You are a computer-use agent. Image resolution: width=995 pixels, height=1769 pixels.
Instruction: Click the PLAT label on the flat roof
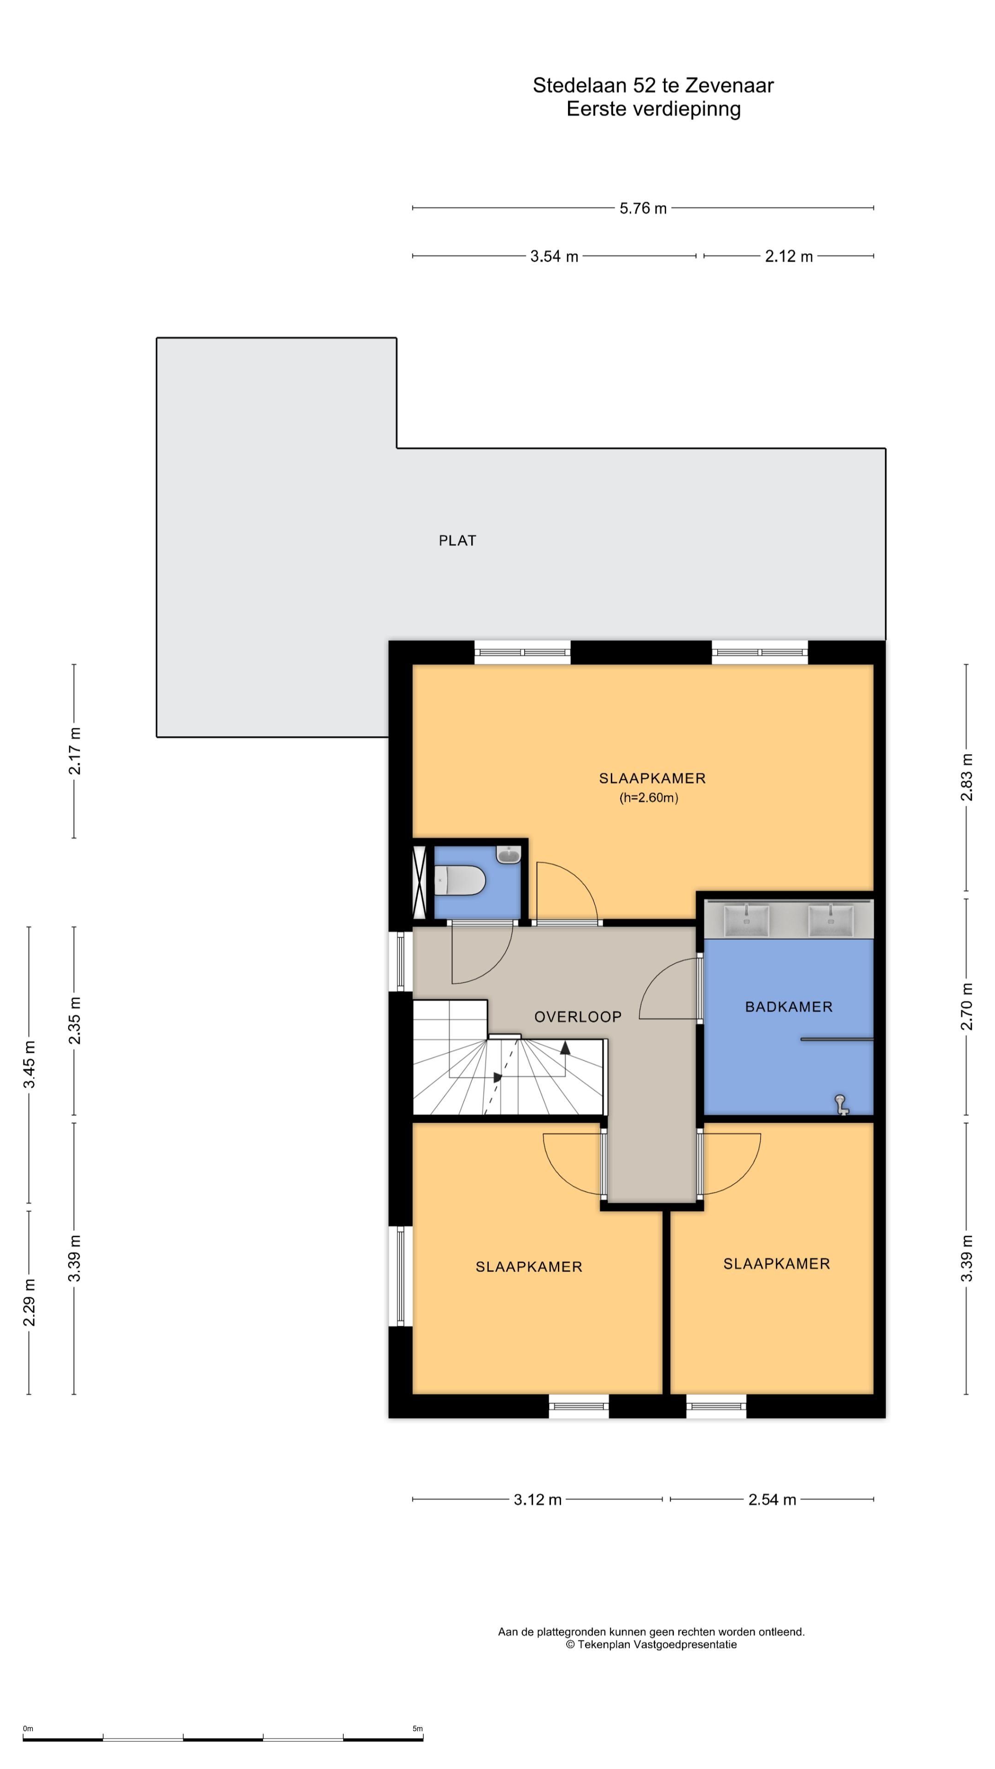pyautogui.click(x=457, y=540)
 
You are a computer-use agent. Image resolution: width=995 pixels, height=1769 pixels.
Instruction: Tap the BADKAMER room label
pyautogui.click(x=788, y=1007)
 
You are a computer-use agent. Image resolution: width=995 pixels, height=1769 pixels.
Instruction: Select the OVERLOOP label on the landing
pyautogui.click(x=578, y=1016)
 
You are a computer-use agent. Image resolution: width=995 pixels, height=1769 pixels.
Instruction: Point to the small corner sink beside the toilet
pyautogui.click(x=508, y=855)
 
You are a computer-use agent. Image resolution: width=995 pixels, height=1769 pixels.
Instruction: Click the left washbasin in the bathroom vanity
pyautogui.click(x=746, y=920)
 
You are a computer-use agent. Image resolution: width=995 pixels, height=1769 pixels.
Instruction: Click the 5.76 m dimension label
pyautogui.click(x=643, y=208)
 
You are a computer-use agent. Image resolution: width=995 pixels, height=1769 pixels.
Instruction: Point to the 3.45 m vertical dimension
pyautogui.click(x=29, y=1065)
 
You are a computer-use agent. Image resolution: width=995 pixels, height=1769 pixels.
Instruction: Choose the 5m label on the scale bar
pyautogui.click(x=417, y=1728)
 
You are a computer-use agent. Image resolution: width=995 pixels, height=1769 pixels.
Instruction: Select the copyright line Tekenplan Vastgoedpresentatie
pyautogui.click(x=651, y=1644)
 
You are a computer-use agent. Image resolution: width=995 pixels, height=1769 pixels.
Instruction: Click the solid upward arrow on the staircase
pyautogui.click(x=565, y=1047)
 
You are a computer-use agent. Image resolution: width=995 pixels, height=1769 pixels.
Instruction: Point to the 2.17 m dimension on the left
pyautogui.click(x=74, y=750)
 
